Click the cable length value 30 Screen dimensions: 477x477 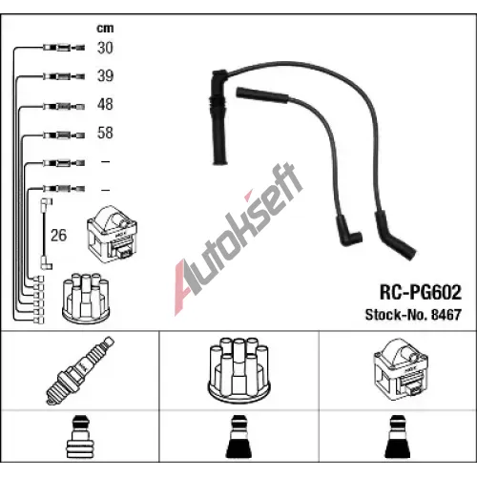point(105,48)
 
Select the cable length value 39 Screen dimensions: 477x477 point(105,76)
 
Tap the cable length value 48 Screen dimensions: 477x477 point(105,104)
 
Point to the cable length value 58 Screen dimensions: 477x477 point(105,133)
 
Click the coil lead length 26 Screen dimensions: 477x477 point(59,236)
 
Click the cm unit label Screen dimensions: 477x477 point(105,29)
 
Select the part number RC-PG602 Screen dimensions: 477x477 point(421,292)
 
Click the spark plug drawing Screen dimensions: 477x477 point(80,370)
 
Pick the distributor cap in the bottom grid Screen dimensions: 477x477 point(238,370)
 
